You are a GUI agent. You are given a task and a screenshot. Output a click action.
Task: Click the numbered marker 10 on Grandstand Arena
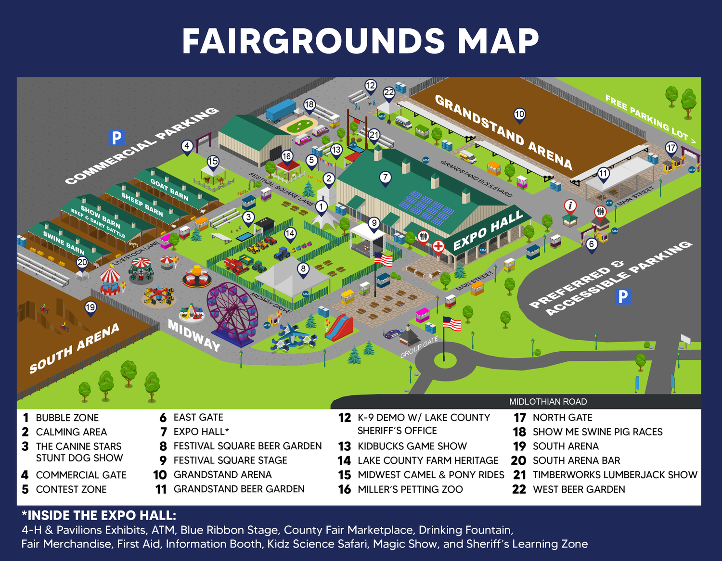(519, 115)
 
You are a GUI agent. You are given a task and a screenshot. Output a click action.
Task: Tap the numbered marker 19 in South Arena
(90, 307)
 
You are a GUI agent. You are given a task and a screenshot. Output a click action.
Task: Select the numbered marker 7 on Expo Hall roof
(385, 178)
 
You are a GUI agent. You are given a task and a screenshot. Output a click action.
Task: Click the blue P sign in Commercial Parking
(116, 138)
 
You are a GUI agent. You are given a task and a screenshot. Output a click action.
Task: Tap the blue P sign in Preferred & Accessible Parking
(623, 296)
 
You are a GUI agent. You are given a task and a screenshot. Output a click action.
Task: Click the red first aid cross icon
(438, 247)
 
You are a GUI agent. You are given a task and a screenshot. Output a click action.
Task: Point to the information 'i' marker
(570, 206)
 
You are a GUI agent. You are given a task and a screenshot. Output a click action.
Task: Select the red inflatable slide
(339, 327)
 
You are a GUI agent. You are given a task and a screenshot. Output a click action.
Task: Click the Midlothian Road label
(548, 402)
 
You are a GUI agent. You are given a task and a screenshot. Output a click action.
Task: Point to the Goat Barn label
(169, 189)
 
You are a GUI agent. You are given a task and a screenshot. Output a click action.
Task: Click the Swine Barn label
(64, 243)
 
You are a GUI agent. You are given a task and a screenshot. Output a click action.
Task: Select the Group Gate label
(419, 347)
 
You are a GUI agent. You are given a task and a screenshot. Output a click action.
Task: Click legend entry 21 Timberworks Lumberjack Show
(614, 475)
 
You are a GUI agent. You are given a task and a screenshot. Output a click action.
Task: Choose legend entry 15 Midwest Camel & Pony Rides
(430, 475)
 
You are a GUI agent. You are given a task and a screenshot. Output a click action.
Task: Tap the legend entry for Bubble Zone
(67, 418)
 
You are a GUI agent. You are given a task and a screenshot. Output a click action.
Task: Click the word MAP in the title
(498, 41)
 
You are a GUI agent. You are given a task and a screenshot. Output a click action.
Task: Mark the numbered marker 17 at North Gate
(671, 148)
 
